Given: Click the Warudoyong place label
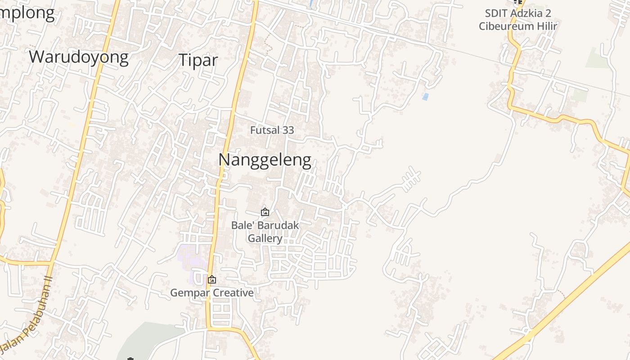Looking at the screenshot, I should pos(79,57).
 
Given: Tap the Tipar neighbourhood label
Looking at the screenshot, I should pos(198,60).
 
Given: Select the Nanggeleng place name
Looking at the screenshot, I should pos(265,160).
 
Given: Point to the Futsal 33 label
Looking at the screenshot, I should pos(272,130).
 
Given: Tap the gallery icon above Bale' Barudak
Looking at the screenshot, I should pos(265,211).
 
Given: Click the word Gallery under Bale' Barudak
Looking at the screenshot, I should pos(265,238).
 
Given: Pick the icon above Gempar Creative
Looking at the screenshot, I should pos(211,279).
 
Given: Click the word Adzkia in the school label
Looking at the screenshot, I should pos(528,13).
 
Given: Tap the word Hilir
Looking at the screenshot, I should pos(546,26).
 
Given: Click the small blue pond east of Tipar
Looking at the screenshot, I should pos(425,96).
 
